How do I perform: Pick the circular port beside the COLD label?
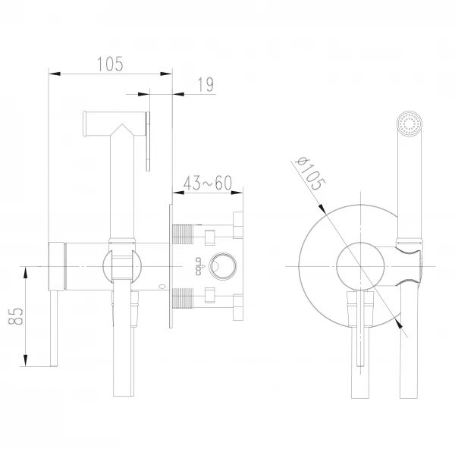(x=222, y=266)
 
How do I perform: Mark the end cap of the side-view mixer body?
(x=55, y=266)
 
